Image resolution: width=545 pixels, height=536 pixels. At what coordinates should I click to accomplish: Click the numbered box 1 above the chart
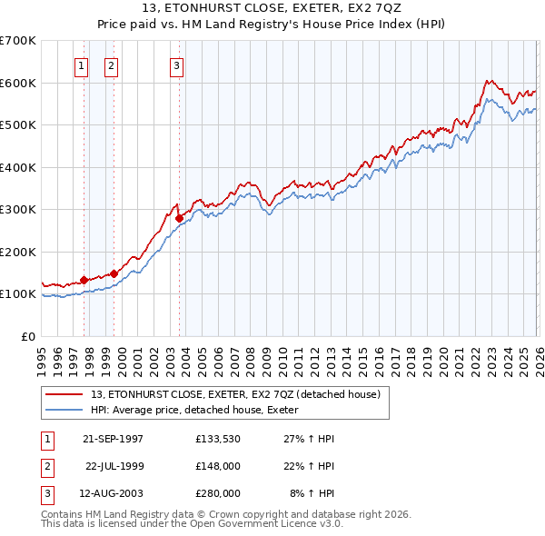click(x=82, y=65)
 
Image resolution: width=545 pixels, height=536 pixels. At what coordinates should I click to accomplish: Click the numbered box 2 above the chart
click(x=111, y=65)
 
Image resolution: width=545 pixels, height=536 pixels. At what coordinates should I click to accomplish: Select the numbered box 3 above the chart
click(x=176, y=65)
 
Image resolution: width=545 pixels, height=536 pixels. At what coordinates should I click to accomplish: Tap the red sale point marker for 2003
click(x=179, y=218)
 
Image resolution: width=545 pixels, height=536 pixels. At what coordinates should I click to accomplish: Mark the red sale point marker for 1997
click(x=84, y=280)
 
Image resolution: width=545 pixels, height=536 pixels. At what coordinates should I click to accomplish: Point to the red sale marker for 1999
click(x=114, y=273)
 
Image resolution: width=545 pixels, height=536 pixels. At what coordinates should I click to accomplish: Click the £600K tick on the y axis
click(x=18, y=83)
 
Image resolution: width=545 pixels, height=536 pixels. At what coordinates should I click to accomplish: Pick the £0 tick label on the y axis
click(x=27, y=336)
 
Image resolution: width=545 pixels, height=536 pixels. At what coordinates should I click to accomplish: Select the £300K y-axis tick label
click(x=18, y=210)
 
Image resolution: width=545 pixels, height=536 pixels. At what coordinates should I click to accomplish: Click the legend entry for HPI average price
click(x=201, y=410)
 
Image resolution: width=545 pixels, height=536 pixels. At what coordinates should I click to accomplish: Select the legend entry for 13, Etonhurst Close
click(x=241, y=394)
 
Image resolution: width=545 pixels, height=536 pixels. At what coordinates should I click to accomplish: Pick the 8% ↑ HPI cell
click(x=312, y=493)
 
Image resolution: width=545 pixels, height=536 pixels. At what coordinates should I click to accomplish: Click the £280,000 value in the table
click(x=218, y=493)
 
